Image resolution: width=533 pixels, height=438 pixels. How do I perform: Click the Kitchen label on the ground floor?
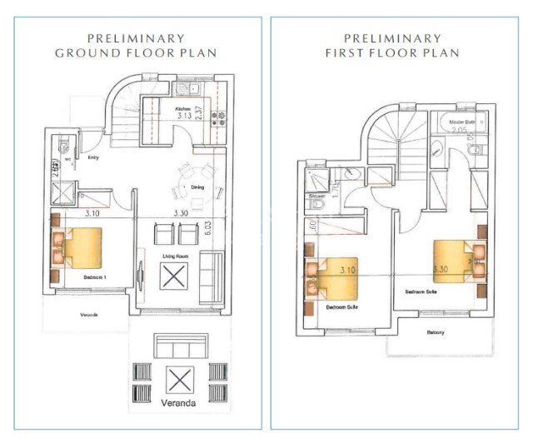coord(183,109)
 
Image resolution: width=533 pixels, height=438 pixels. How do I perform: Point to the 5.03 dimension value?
coord(220,226)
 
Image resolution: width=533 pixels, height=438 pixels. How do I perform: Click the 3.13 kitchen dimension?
coord(184,117)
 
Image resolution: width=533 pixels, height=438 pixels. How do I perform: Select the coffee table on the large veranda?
coord(177,381)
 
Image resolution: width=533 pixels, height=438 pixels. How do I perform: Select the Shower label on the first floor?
coord(316,197)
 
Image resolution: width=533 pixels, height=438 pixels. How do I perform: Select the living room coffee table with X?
coord(176,276)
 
